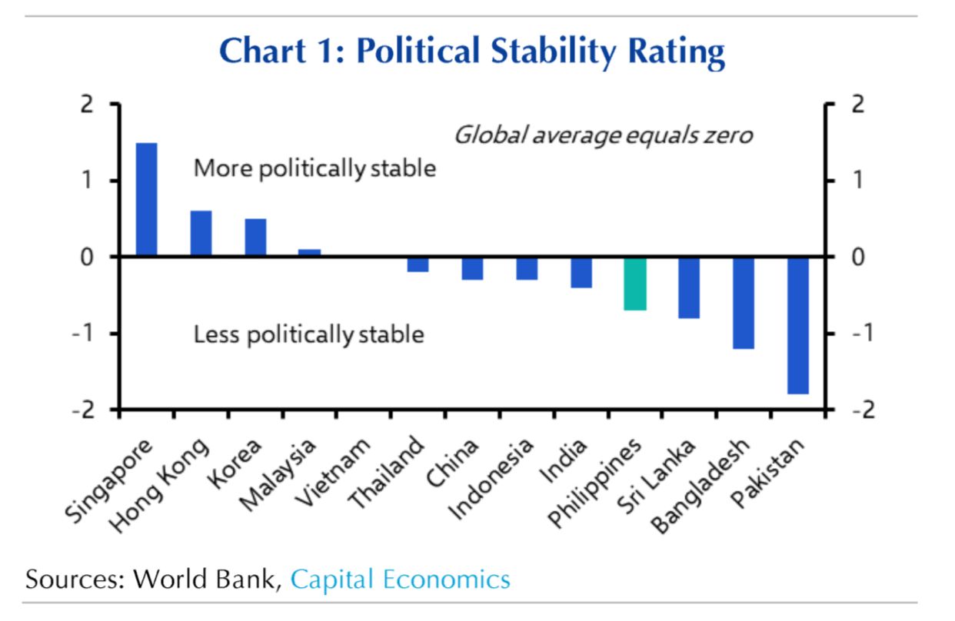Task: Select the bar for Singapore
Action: click(146, 199)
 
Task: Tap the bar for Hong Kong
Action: click(201, 234)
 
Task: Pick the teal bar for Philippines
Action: click(634, 284)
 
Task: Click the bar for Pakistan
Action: click(798, 326)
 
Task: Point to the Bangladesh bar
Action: click(744, 303)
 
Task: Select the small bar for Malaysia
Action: click(309, 253)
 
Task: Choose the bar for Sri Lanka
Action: click(689, 287)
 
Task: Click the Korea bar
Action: click(255, 237)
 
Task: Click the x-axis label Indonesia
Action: click(491, 479)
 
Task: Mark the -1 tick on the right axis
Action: click(855, 334)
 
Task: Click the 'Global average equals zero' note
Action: click(603, 136)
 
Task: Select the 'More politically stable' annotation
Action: click(314, 168)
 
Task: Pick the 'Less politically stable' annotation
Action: click(308, 335)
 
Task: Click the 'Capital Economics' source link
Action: click(400, 579)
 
